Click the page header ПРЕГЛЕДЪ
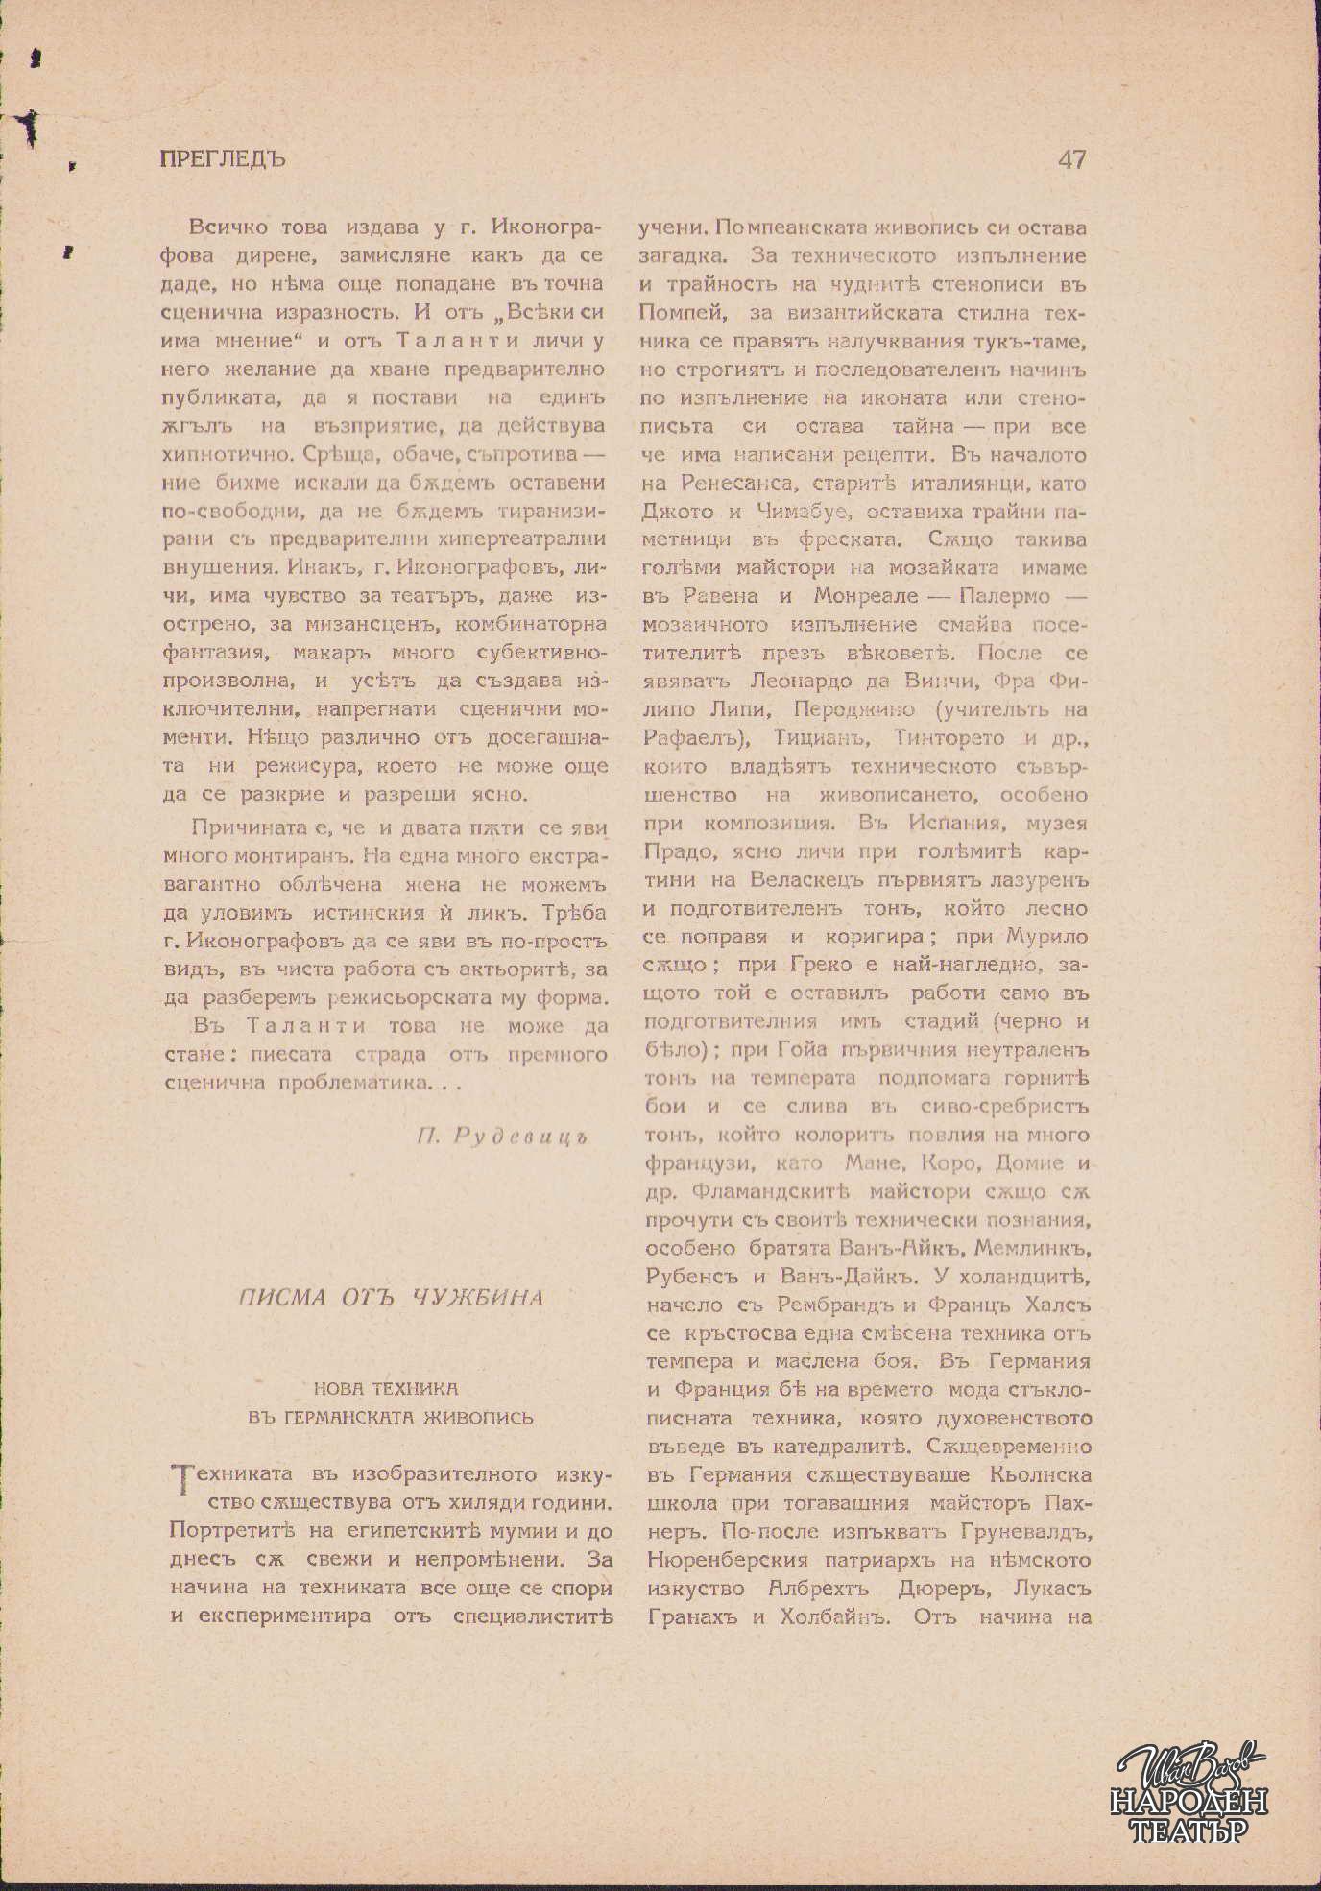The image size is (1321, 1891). [223, 158]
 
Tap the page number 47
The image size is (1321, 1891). [1071, 159]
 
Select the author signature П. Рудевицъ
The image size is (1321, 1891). [501, 1137]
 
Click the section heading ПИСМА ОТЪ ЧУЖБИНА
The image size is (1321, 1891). [391, 1298]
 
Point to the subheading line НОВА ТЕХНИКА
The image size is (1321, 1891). [386, 1388]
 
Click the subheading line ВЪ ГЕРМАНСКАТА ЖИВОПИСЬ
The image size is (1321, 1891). [390, 1418]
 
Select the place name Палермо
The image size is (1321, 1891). [1004, 597]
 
